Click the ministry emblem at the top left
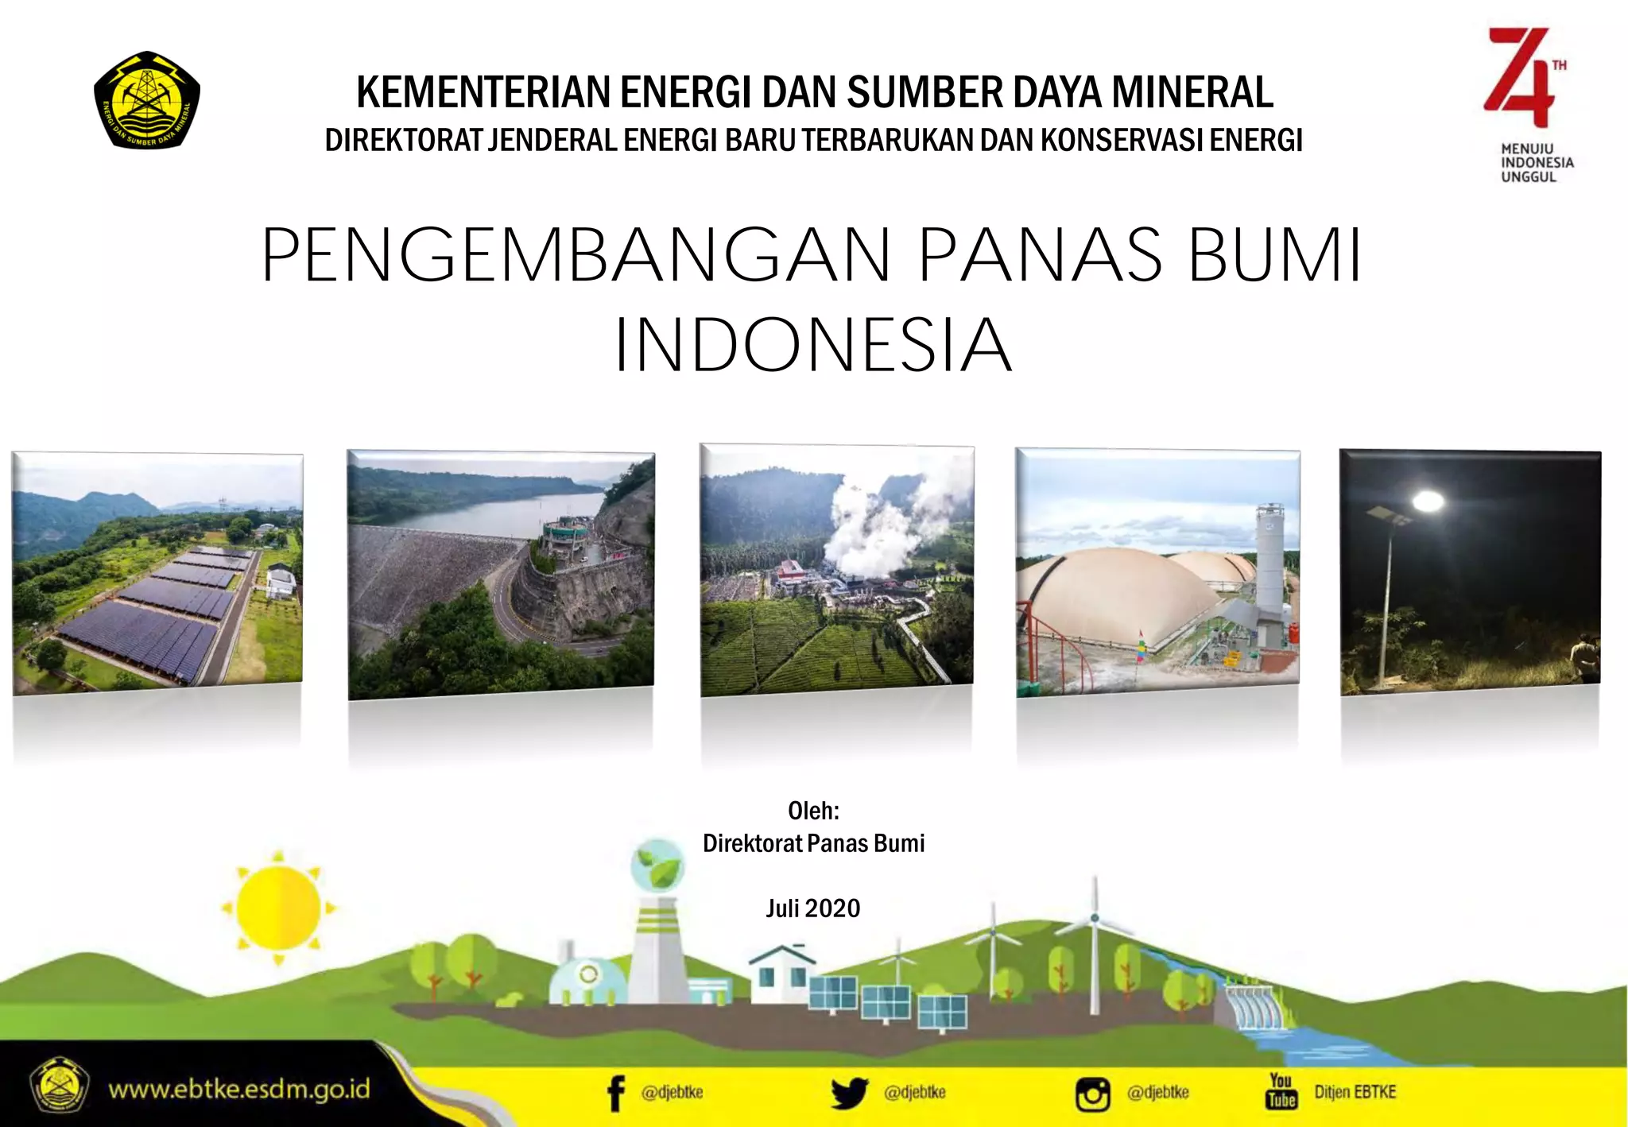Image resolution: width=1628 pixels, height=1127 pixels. point(147,100)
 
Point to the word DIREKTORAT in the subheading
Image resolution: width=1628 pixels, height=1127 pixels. point(403,141)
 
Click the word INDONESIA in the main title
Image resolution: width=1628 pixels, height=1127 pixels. point(813,344)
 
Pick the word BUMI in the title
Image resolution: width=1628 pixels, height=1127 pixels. point(1274,255)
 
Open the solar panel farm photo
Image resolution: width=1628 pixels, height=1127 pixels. point(157,571)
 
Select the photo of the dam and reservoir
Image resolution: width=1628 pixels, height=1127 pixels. point(501,574)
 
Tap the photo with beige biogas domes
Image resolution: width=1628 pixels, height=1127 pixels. point(1157,571)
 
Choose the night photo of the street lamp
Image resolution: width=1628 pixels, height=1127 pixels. point(1470,571)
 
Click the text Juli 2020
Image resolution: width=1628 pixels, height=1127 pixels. point(812,908)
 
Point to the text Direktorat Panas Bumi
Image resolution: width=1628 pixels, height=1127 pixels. point(813,843)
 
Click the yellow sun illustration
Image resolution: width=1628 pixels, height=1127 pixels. point(278,907)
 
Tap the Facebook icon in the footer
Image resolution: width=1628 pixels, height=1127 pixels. point(615,1094)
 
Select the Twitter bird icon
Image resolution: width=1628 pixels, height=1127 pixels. point(849,1094)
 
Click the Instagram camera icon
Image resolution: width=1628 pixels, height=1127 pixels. point(1092,1094)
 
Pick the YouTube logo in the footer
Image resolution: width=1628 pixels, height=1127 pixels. point(1281,1091)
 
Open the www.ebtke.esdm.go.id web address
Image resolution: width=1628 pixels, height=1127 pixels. point(239,1089)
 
